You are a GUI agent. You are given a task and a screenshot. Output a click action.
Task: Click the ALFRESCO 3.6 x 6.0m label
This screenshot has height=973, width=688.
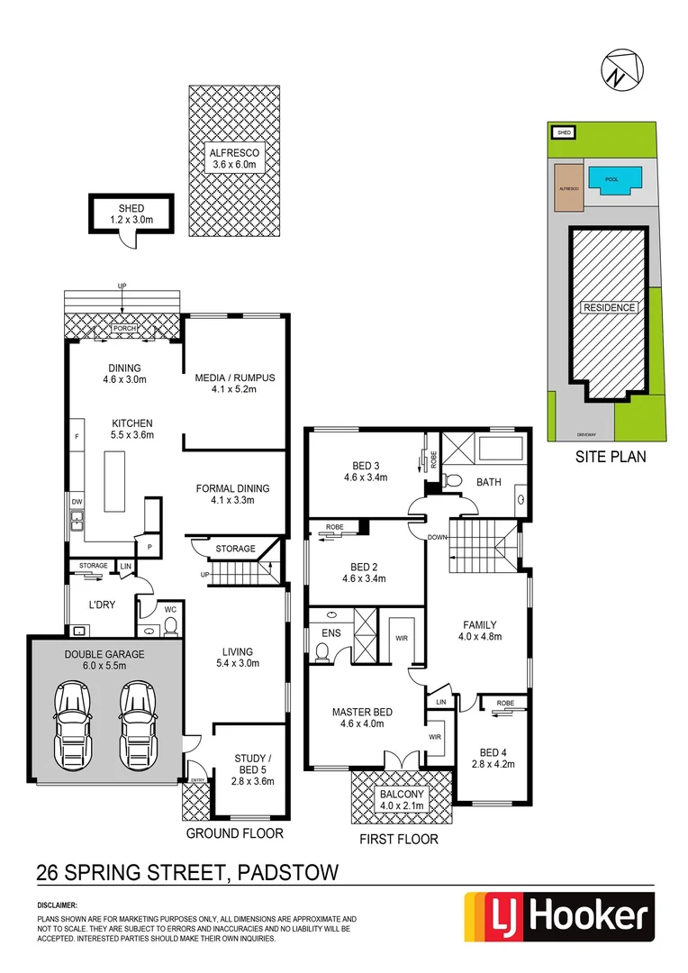coord(234,159)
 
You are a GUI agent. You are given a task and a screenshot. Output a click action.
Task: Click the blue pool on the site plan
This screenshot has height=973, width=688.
coord(611,179)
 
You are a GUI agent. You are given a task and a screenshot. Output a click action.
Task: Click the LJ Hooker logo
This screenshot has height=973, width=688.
coord(557,917)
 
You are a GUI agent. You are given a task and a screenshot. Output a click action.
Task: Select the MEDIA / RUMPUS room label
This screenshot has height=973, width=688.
coord(235,384)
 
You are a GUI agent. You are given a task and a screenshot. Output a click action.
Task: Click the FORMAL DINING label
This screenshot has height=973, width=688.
coord(232,495)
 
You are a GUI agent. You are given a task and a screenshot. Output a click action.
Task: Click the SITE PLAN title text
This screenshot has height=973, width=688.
coord(611,457)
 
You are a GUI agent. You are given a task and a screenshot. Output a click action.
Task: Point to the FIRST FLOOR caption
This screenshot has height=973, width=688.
coord(399,839)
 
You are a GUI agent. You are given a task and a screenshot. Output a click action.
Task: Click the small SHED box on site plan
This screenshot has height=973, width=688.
coord(565,132)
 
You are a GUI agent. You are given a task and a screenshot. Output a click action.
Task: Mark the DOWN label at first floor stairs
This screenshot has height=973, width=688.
coord(439,537)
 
